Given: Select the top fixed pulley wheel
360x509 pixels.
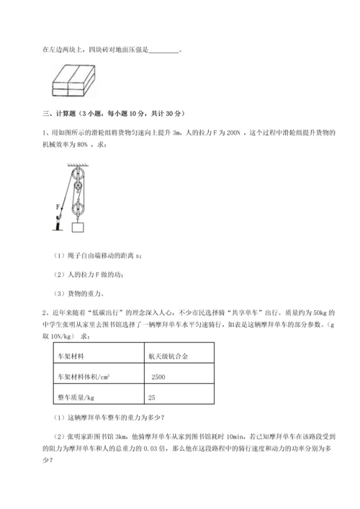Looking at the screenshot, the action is pos(77,174).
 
